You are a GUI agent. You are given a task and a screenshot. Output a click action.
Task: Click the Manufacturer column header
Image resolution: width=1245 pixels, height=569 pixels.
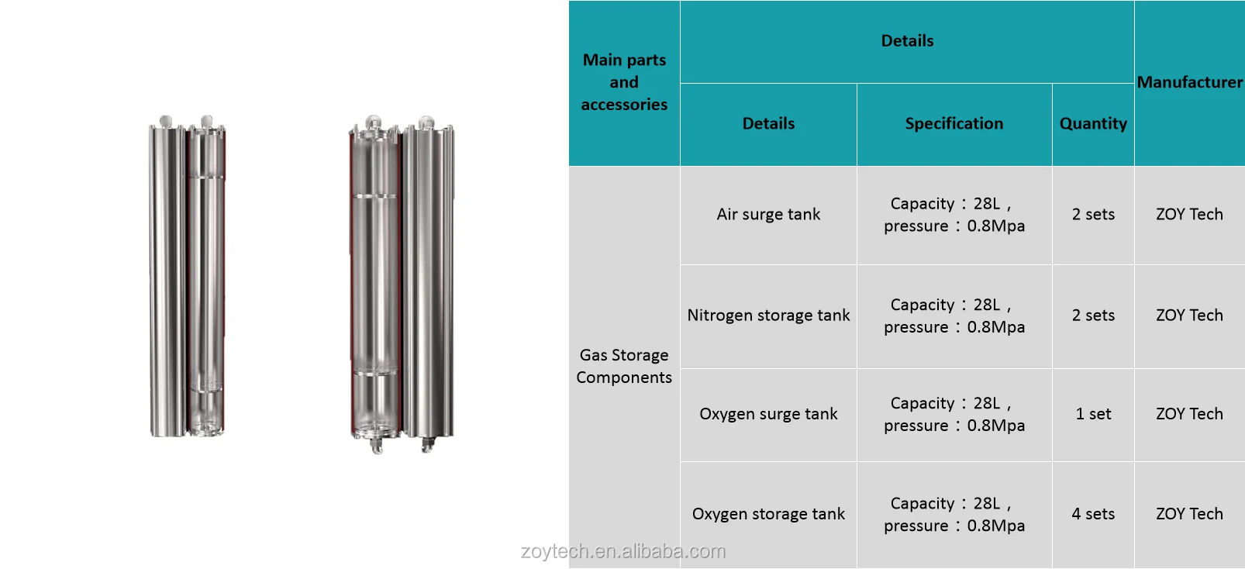[1189, 82]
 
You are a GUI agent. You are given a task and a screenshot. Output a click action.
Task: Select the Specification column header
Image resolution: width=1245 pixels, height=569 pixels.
[954, 124]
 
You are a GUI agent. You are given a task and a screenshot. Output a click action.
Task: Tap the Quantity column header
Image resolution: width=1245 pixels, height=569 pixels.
[1093, 124]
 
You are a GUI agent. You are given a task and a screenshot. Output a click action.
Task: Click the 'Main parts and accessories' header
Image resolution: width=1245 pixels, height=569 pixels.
[624, 82]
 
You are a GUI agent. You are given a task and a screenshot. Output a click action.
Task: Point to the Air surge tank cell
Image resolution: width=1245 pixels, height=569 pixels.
[768, 215]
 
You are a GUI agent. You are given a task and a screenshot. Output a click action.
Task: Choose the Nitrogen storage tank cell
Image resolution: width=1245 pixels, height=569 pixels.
[768, 316]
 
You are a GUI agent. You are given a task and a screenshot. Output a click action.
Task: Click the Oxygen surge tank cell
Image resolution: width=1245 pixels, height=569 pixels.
[768, 414]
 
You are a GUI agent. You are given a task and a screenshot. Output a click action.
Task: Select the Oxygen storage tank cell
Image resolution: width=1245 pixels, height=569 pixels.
[768, 514]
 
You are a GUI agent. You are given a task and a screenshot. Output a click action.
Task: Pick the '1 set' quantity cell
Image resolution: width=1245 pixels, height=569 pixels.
[1093, 414]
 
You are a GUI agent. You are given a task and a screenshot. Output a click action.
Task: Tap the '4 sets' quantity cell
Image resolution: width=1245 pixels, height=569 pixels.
[1093, 514]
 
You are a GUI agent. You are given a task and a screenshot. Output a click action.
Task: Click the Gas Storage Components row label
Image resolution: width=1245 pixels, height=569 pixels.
[624, 366]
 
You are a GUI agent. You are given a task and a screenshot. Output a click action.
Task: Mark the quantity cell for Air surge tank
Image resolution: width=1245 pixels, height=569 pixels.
[1093, 215]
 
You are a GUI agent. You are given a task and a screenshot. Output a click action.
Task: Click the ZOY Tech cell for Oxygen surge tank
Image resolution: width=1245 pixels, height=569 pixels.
[1189, 414]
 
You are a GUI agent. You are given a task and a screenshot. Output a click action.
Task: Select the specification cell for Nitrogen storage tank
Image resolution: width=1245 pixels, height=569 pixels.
[954, 316]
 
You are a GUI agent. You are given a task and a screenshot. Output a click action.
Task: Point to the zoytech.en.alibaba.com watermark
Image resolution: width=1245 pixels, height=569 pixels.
[623, 551]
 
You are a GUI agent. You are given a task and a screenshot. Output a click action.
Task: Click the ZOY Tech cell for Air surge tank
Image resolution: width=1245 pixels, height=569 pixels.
[1189, 215]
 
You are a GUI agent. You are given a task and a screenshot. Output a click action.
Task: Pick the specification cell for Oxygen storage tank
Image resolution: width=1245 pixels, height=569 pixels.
[954, 514]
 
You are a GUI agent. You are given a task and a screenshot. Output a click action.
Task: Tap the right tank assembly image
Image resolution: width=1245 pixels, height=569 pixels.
[402, 283]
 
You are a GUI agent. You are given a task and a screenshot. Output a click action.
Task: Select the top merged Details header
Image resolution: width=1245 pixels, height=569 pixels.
[907, 41]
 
